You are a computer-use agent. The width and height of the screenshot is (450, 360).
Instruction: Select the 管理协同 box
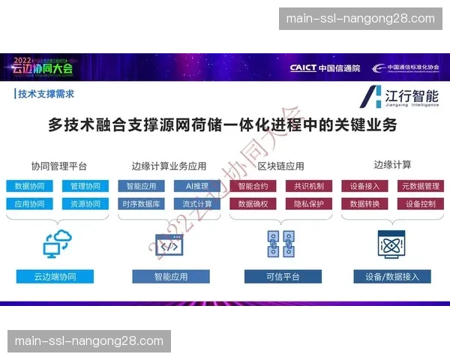point(80,186)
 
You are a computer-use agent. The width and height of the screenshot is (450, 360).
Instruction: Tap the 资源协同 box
point(80,204)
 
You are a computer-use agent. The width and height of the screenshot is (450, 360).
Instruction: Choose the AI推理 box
point(197,186)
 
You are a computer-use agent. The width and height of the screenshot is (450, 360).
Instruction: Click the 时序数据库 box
point(142,204)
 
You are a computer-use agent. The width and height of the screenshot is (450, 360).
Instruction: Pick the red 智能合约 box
point(253,186)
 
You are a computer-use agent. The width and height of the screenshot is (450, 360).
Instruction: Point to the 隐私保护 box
point(309,204)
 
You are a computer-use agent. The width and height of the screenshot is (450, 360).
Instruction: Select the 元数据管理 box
point(420,186)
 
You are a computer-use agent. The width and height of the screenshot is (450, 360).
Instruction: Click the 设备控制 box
point(420,204)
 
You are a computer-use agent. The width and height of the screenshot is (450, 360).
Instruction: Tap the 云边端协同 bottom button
point(56,277)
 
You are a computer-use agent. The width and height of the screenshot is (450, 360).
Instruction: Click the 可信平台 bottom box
point(283,277)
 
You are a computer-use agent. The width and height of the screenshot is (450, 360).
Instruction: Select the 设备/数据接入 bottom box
point(392,277)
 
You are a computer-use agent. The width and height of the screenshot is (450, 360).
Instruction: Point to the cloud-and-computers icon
point(56,244)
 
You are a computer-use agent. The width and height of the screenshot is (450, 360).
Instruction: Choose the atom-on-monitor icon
point(392,244)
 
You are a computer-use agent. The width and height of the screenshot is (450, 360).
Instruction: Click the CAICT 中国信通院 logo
point(325,67)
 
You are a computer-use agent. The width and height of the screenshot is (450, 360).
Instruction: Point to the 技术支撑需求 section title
point(46,94)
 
